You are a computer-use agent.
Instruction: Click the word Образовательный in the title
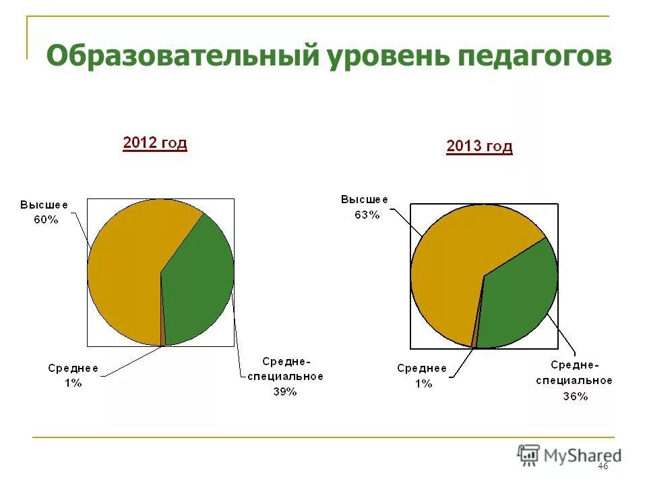[x=182, y=55]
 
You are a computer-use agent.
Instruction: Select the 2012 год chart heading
[x=154, y=143]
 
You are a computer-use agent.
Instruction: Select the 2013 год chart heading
[x=479, y=146]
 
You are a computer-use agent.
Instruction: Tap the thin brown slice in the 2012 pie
[x=163, y=331]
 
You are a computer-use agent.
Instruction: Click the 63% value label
[x=367, y=215]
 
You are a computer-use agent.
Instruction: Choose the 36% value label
[x=575, y=396]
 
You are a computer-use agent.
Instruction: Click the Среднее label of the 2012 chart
[x=73, y=368]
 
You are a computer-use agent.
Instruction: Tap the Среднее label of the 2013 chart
[x=422, y=369]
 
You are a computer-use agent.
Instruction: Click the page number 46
[x=603, y=466]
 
